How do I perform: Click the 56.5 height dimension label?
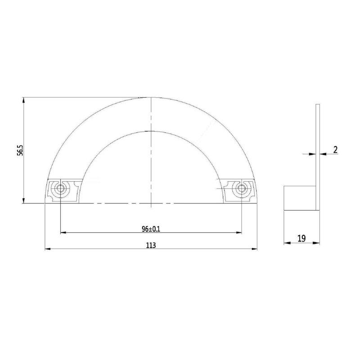point(20,150)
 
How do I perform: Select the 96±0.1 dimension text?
point(151,229)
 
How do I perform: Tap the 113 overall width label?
point(151,245)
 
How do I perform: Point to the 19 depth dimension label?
point(301,238)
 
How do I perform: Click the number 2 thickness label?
point(335,150)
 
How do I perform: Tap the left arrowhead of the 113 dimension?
point(48,249)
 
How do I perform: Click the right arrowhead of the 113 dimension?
point(254,249)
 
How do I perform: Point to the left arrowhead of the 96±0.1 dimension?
point(63,233)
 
